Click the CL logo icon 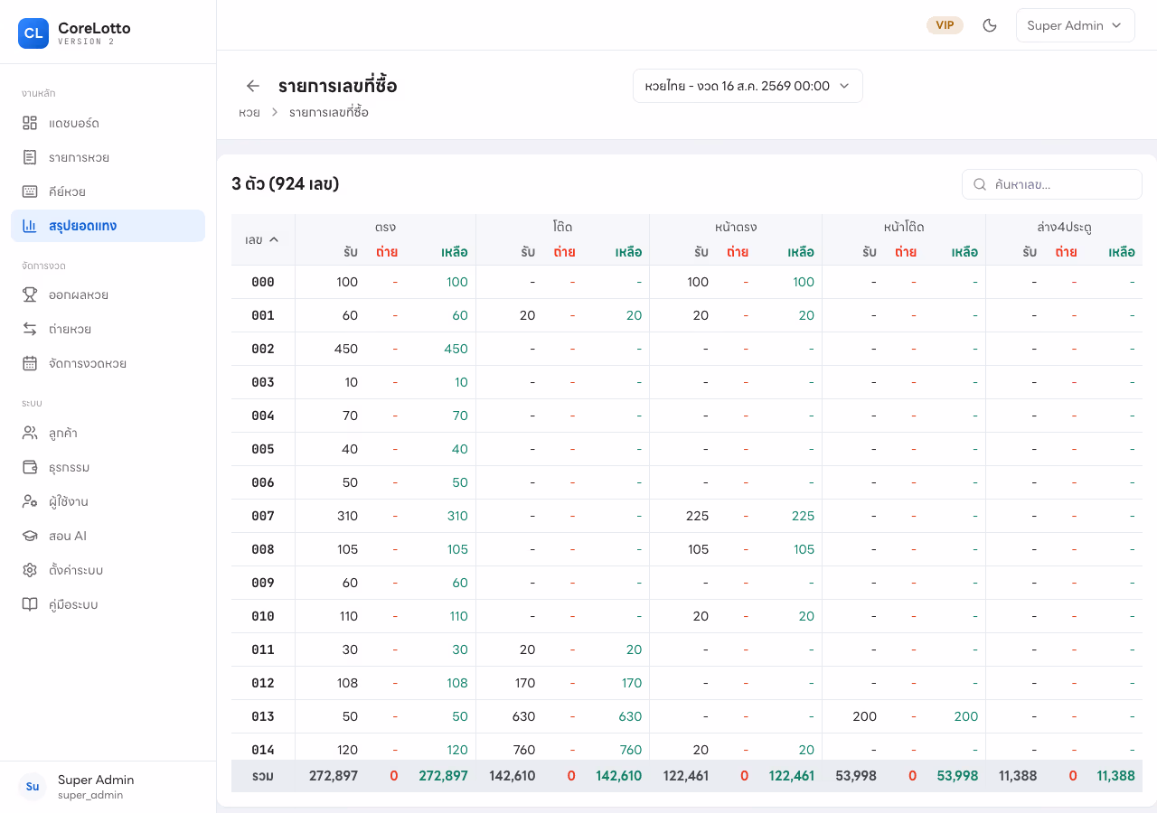tap(33, 33)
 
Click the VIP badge tap(945, 25)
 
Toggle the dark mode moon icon tap(989, 25)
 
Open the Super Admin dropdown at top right tap(1075, 25)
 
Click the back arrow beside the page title tap(252, 86)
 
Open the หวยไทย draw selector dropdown tap(748, 86)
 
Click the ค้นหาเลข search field tap(1051, 184)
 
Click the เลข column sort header tap(262, 239)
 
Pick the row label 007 tap(263, 516)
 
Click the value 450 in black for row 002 tap(345, 349)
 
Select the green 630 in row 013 tap(630, 716)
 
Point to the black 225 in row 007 tap(697, 516)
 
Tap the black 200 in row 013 tap(865, 716)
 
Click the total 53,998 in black tap(856, 776)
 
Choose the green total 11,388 tap(1115, 776)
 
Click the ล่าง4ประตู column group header tap(1064, 227)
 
